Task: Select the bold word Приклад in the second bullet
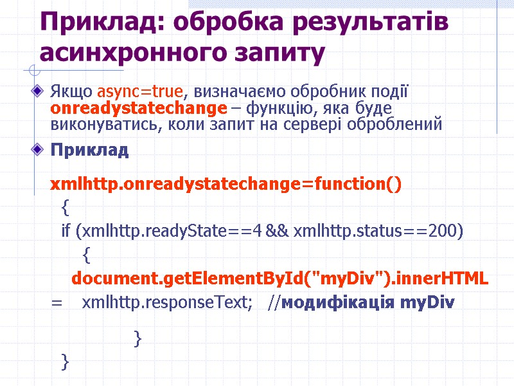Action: click(x=89, y=151)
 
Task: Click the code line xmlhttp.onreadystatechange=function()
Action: click(x=226, y=185)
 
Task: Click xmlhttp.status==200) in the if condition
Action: click(x=378, y=231)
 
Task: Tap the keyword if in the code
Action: click(x=66, y=231)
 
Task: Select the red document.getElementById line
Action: click(x=279, y=279)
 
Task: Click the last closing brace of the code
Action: click(x=64, y=362)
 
